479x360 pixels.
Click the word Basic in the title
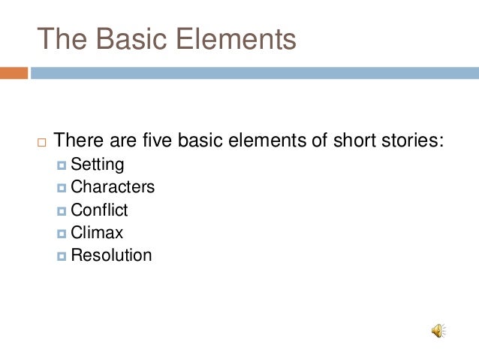tap(129, 39)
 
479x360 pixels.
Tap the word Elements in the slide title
tap(237, 39)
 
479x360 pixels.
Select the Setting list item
tap(97, 164)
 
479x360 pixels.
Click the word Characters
tap(113, 186)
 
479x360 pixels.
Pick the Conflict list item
tap(99, 210)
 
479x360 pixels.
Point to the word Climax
tap(97, 232)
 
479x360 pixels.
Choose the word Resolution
tap(111, 255)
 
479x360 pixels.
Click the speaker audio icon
tap(438, 331)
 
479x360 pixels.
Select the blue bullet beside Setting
tap(62, 165)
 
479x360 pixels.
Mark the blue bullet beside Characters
tap(62, 187)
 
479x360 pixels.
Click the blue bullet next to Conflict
tap(62, 210)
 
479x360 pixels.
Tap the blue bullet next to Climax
tap(62, 233)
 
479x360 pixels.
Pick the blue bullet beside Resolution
tap(62, 256)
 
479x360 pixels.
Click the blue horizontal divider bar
tap(255, 73)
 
